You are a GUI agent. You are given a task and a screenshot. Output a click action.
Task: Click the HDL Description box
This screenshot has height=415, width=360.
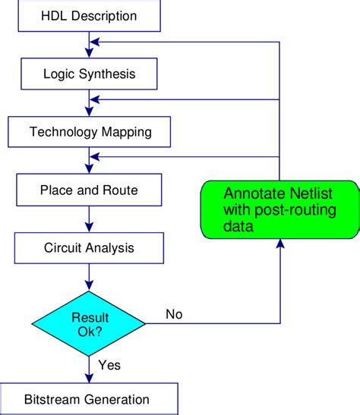(x=89, y=15)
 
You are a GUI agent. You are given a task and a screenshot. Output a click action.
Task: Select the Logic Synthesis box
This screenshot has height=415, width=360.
(x=89, y=74)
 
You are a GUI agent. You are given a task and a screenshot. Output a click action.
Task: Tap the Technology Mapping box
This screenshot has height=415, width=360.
(x=89, y=132)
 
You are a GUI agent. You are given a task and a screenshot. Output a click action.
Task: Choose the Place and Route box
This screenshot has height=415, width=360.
(x=89, y=190)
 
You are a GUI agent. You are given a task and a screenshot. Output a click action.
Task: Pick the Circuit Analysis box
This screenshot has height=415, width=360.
(x=89, y=247)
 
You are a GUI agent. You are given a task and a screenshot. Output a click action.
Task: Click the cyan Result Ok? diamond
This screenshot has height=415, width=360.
(x=90, y=323)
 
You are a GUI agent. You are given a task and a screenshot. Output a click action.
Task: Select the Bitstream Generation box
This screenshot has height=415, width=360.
(x=89, y=398)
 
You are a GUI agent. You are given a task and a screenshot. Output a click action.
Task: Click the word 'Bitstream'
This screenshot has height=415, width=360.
(x=53, y=398)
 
